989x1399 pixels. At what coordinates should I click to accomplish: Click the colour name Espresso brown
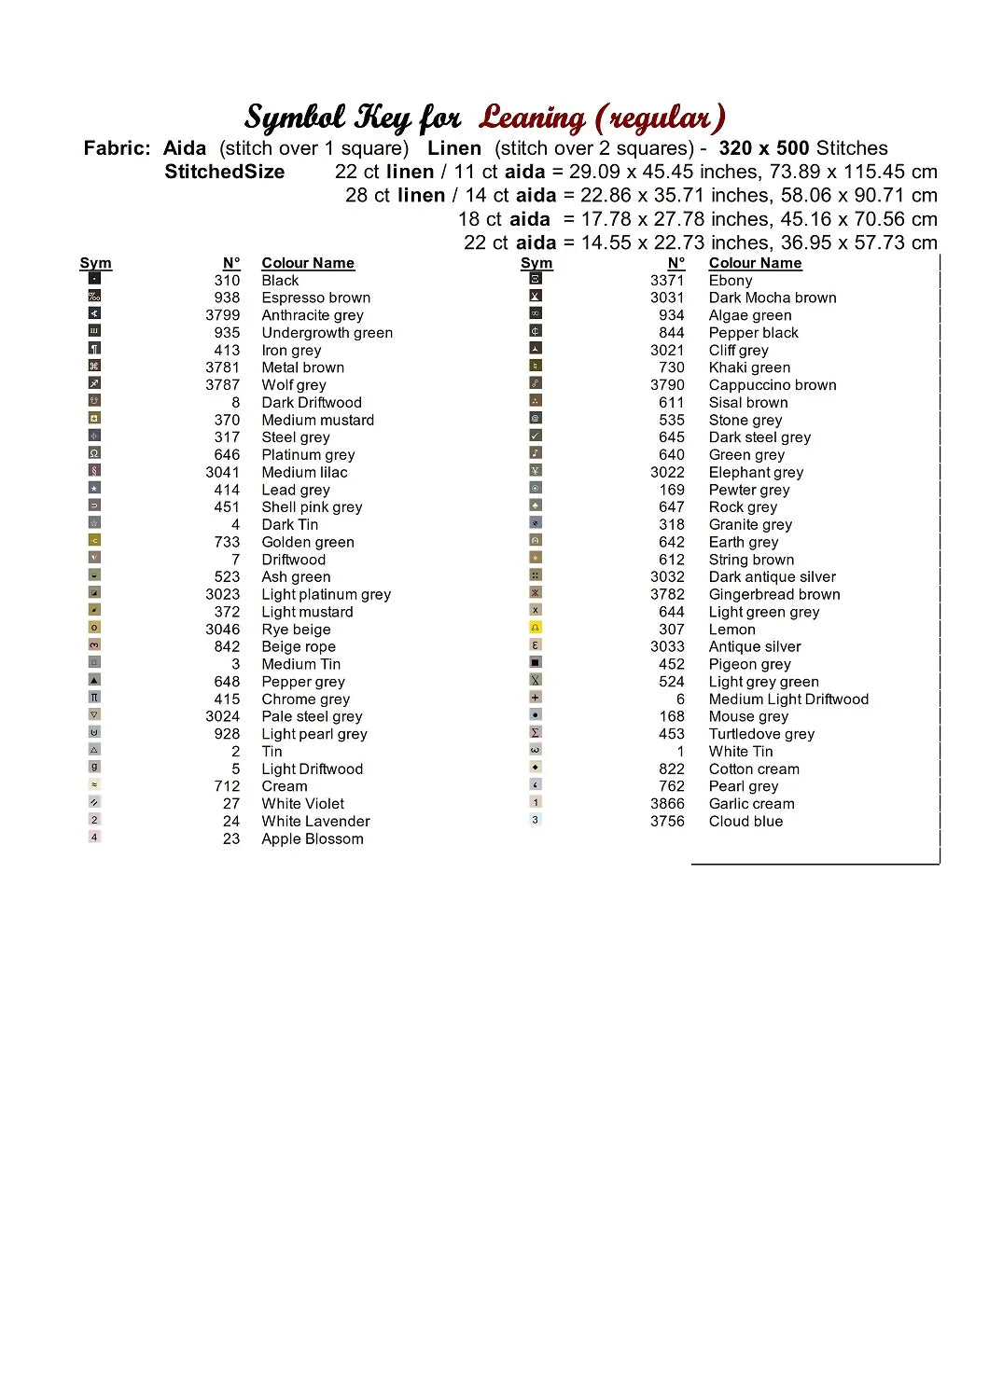tap(315, 298)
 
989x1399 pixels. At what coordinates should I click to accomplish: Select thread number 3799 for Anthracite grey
tap(223, 315)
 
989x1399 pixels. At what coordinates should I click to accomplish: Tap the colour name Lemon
tap(731, 630)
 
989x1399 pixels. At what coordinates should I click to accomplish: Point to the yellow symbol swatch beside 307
tap(536, 628)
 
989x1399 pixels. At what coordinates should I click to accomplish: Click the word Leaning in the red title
tap(532, 118)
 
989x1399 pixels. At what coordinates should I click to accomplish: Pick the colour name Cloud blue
tap(745, 822)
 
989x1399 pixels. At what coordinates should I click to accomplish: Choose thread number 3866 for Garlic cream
tap(667, 804)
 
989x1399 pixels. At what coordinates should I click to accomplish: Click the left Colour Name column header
tap(308, 263)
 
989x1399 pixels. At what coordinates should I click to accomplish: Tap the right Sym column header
tap(536, 263)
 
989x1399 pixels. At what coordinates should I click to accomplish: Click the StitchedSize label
tap(224, 172)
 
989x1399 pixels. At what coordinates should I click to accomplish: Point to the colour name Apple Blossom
tap(313, 839)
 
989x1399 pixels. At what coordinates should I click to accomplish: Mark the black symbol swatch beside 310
tap(94, 278)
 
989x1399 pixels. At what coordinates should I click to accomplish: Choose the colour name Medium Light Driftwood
tap(788, 699)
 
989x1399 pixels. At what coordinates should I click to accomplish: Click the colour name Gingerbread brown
tap(774, 595)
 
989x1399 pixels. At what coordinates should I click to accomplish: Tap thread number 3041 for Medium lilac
tap(223, 473)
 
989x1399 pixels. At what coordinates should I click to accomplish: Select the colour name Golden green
tap(308, 543)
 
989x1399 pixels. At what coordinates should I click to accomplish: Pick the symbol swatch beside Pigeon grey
tap(536, 662)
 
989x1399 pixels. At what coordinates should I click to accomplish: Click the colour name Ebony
tap(731, 281)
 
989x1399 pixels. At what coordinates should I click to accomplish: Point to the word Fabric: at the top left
tap(117, 148)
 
